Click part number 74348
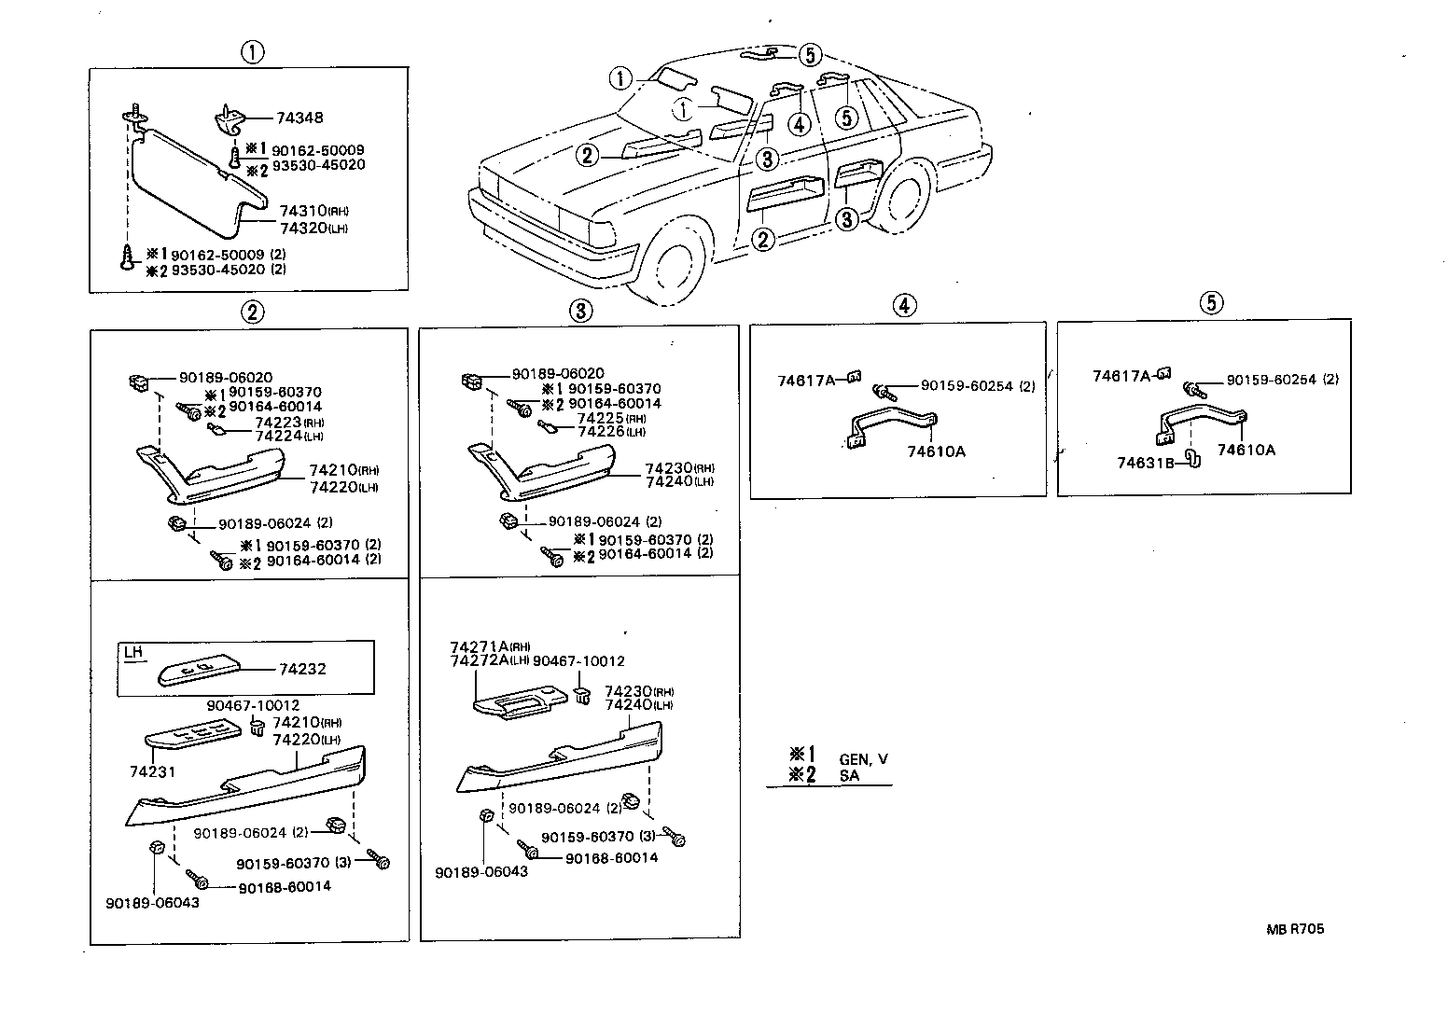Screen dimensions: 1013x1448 click(x=300, y=118)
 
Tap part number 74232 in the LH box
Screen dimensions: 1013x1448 click(x=302, y=670)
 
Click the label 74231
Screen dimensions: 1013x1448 click(x=153, y=771)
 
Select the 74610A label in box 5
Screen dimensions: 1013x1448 click(x=1246, y=450)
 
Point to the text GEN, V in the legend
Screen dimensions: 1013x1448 click(x=864, y=759)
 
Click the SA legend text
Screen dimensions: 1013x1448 click(x=850, y=775)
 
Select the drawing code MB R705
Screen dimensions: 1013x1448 click(x=1295, y=928)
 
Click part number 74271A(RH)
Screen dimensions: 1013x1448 click(x=490, y=646)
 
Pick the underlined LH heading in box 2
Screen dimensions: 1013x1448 click(x=133, y=652)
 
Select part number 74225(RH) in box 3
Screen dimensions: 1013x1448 click(x=611, y=419)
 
